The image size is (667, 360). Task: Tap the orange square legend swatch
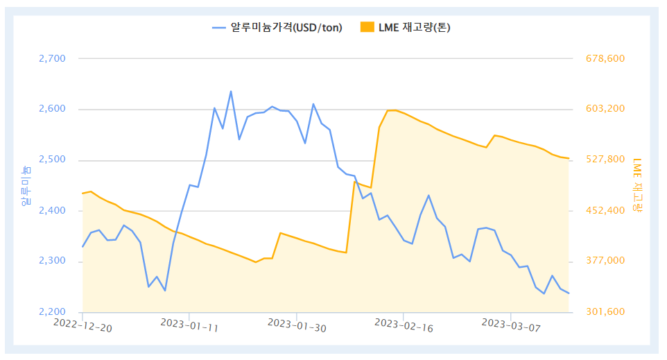pyautogui.click(x=367, y=28)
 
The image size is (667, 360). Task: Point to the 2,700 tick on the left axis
pyautogui.click(x=52, y=59)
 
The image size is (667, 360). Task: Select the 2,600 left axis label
pyautogui.click(x=52, y=110)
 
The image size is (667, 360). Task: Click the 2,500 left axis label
pyautogui.click(x=52, y=160)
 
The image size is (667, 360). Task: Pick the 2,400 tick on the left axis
pyautogui.click(x=52, y=211)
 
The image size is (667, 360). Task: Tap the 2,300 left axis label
pyautogui.click(x=52, y=262)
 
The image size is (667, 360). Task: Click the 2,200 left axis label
pyautogui.click(x=52, y=312)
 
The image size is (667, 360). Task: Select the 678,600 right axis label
pyautogui.click(x=605, y=59)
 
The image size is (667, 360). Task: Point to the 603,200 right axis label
pyautogui.click(x=605, y=110)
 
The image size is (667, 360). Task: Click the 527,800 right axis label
pyautogui.click(x=605, y=160)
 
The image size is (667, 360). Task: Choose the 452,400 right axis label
pyautogui.click(x=605, y=211)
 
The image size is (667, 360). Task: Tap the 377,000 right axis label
pyautogui.click(x=605, y=262)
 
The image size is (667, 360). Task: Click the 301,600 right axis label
pyautogui.click(x=605, y=312)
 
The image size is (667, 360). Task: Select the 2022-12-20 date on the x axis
pyautogui.click(x=83, y=325)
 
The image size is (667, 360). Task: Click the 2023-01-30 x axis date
pyautogui.click(x=297, y=325)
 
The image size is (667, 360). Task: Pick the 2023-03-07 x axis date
pyautogui.click(x=510, y=325)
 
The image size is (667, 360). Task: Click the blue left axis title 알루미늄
pyautogui.click(x=25, y=185)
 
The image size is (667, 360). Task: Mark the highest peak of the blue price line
pyautogui.click(x=231, y=92)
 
